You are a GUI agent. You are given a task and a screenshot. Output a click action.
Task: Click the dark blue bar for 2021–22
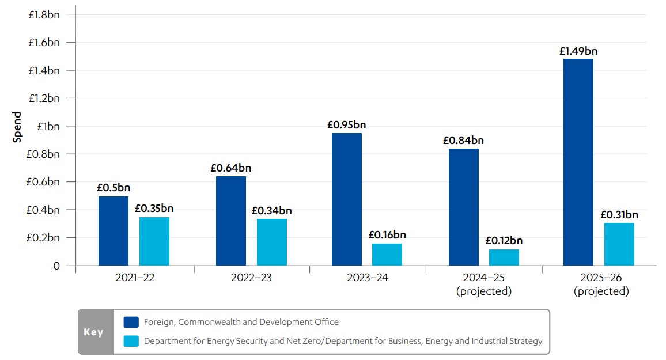[113, 231]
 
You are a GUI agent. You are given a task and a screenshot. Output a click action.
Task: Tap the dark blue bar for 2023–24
[347, 199]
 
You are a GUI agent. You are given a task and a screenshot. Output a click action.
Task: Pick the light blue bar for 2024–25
[504, 257]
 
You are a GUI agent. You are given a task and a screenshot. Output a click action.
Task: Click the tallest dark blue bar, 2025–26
[578, 162]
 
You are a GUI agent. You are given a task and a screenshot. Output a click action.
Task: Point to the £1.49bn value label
[578, 51]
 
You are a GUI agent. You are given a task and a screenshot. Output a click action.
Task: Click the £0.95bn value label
[347, 124]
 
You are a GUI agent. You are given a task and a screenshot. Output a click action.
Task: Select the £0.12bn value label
[504, 241]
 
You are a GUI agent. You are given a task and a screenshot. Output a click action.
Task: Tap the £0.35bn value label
[154, 209]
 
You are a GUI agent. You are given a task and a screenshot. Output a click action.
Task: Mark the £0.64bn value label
[231, 168]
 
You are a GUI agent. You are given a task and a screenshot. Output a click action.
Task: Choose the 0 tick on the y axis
[56, 266]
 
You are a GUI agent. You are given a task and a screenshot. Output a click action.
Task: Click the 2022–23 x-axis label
[251, 278]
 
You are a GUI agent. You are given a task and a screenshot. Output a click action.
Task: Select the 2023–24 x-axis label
[368, 278]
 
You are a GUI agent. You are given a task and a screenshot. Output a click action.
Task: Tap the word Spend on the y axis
[17, 127]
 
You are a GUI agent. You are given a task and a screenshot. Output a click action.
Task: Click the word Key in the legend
[94, 332]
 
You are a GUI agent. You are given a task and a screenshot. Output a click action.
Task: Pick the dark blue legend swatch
[131, 322]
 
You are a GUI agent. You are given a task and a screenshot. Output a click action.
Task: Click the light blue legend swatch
[131, 341]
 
